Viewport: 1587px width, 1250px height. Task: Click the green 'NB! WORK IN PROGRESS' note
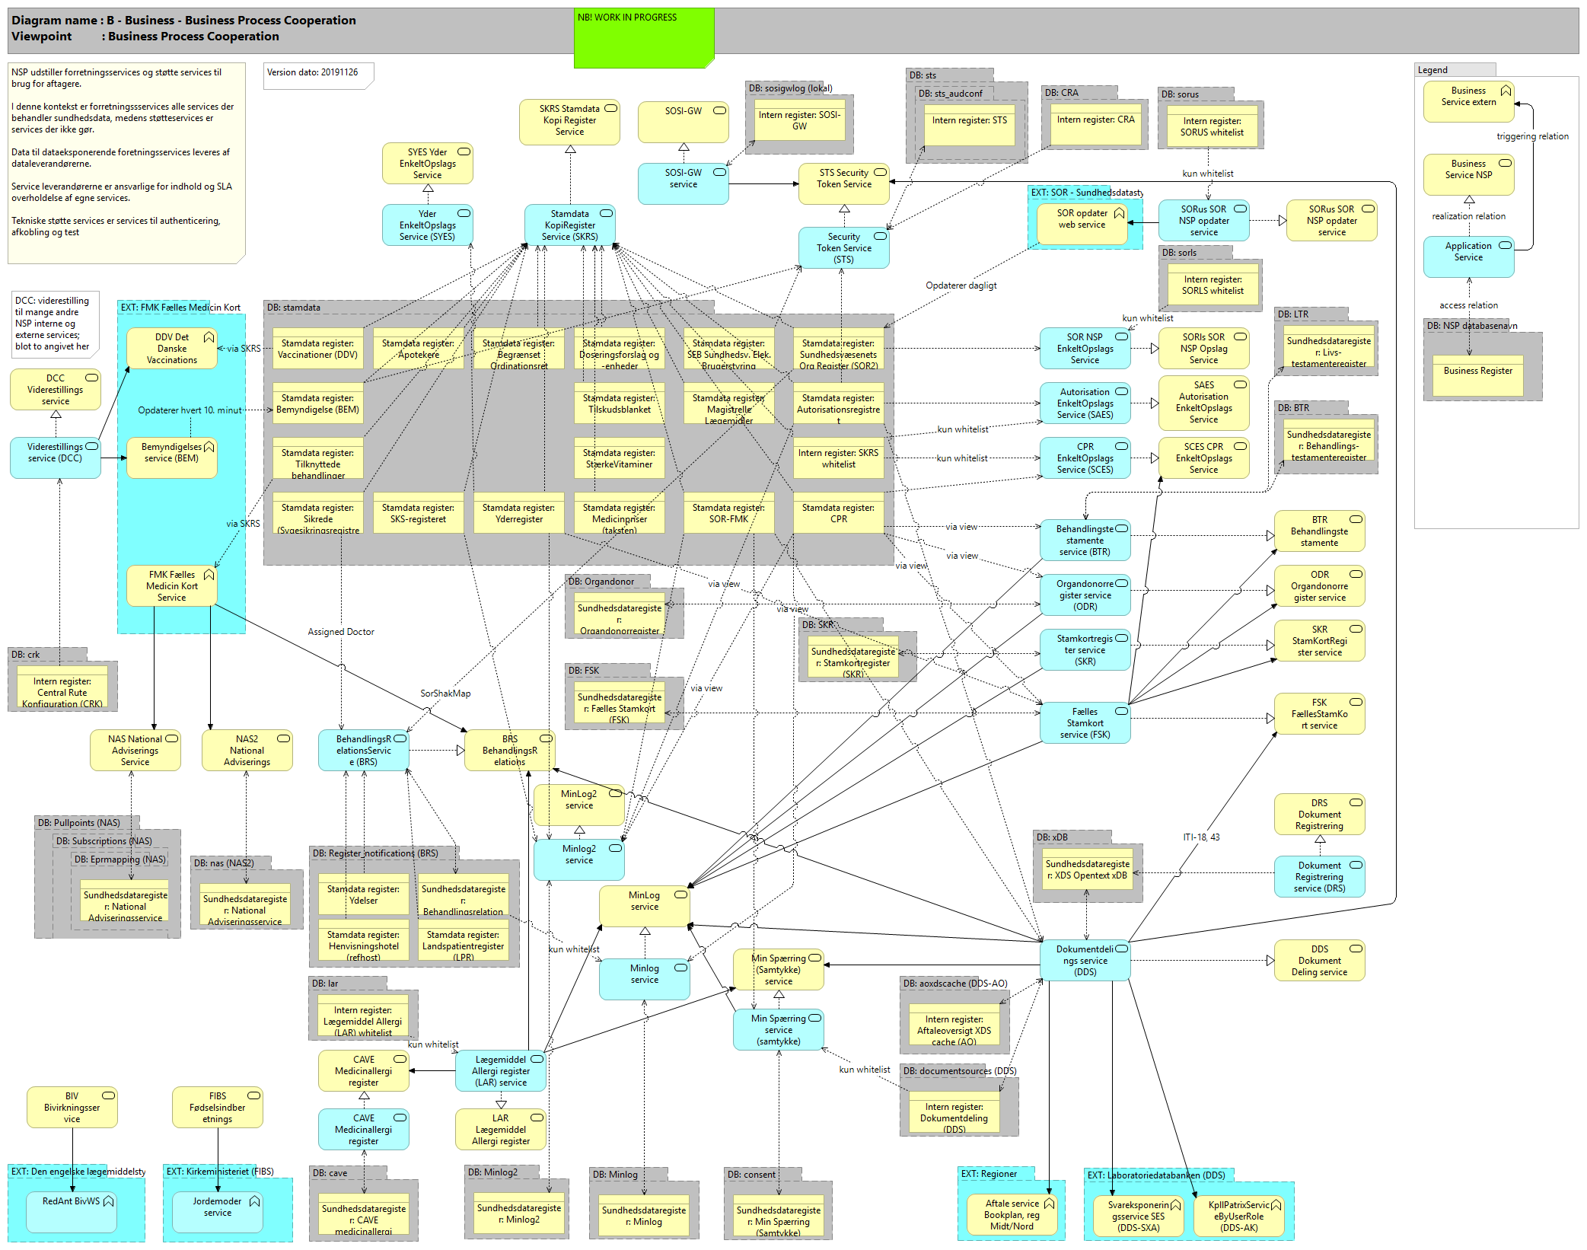(643, 38)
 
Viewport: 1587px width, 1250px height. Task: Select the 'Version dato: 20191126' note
(317, 75)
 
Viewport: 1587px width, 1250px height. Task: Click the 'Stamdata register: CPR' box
(838, 514)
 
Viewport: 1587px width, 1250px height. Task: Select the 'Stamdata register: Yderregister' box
(518, 514)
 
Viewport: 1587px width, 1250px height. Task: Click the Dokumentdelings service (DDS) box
(1085, 961)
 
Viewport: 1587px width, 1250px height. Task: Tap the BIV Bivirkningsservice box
(72, 1108)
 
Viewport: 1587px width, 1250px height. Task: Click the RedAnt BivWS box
(71, 1210)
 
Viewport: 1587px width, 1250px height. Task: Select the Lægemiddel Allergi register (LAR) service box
(500, 1071)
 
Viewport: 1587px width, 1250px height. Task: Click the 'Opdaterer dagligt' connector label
(961, 285)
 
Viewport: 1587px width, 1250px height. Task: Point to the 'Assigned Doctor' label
(340, 632)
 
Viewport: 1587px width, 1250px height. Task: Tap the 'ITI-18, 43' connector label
(1200, 837)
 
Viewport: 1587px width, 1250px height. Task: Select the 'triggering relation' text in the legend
(1531, 137)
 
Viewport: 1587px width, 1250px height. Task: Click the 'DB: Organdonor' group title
(601, 582)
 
